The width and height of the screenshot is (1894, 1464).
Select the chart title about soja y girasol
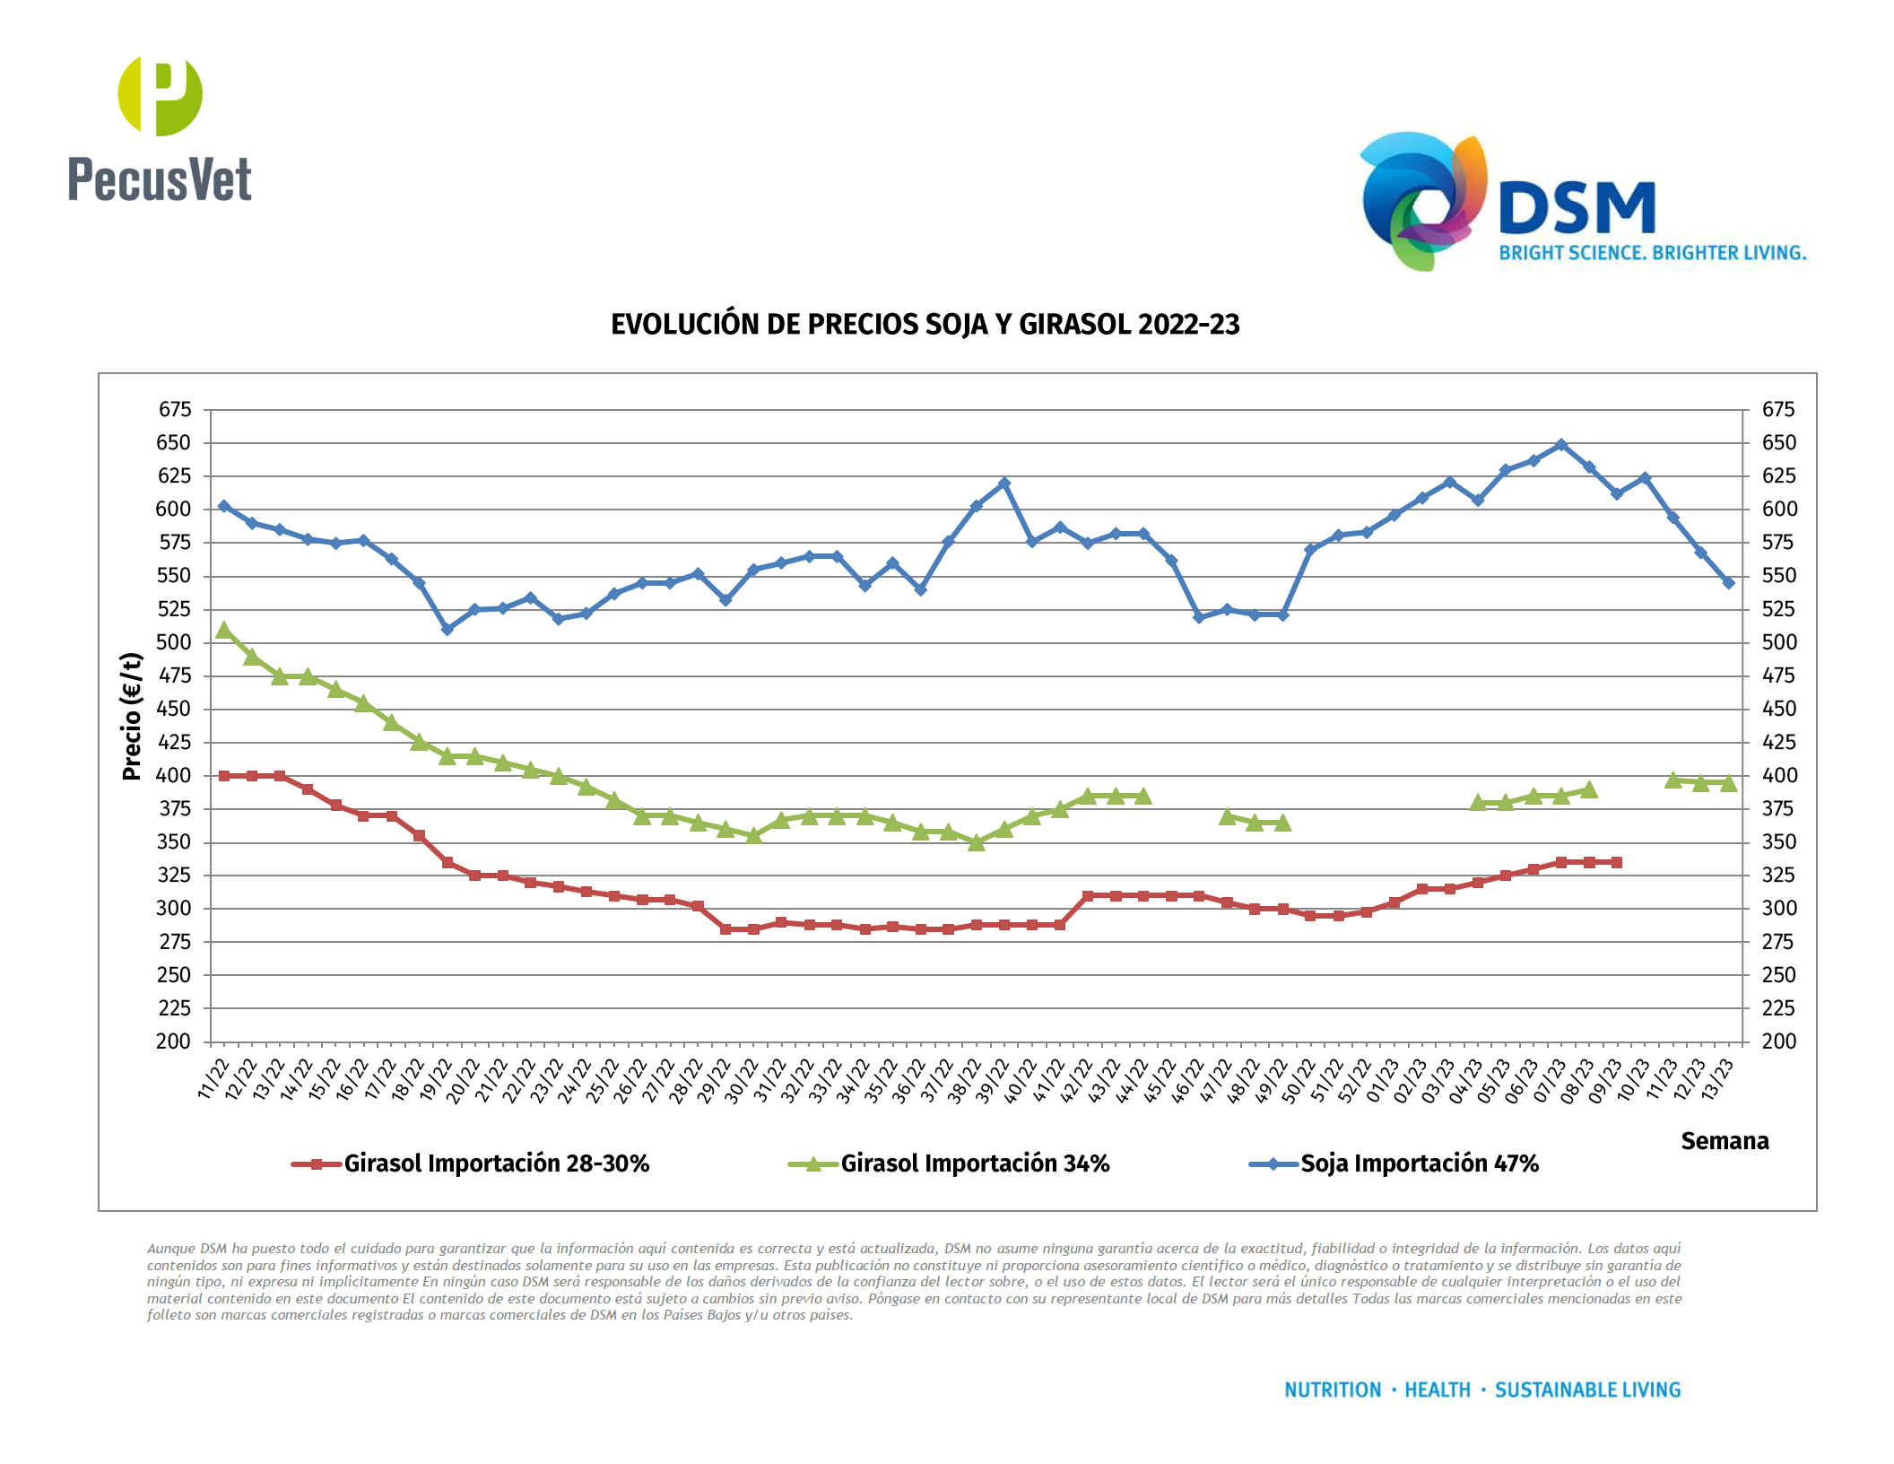click(925, 325)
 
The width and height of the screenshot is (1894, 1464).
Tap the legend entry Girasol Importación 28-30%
click(495, 1164)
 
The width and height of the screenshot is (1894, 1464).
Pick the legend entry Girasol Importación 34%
click(974, 1164)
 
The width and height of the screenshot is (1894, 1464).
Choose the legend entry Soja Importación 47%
click(1419, 1164)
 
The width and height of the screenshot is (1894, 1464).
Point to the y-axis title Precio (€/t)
click(132, 716)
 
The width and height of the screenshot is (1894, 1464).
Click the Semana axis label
click(1724, 1141)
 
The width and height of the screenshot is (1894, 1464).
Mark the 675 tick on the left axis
click(175, 410)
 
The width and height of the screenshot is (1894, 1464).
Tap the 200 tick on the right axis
click(1778, 1041)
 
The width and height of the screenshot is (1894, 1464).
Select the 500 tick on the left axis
click(174, 642)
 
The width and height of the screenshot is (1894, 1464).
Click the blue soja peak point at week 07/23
click(1561, 445)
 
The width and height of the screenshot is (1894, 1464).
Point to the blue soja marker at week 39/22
click(1004, 484)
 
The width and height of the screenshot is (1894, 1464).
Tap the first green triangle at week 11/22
click(224, 631)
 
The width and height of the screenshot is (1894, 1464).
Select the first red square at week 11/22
click(224, 776)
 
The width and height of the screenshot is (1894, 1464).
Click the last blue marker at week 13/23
click(1729, 583)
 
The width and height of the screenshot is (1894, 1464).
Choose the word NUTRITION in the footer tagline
click(1333, 1390)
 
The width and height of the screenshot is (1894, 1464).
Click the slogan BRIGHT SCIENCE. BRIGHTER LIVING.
click(1652, 253)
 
